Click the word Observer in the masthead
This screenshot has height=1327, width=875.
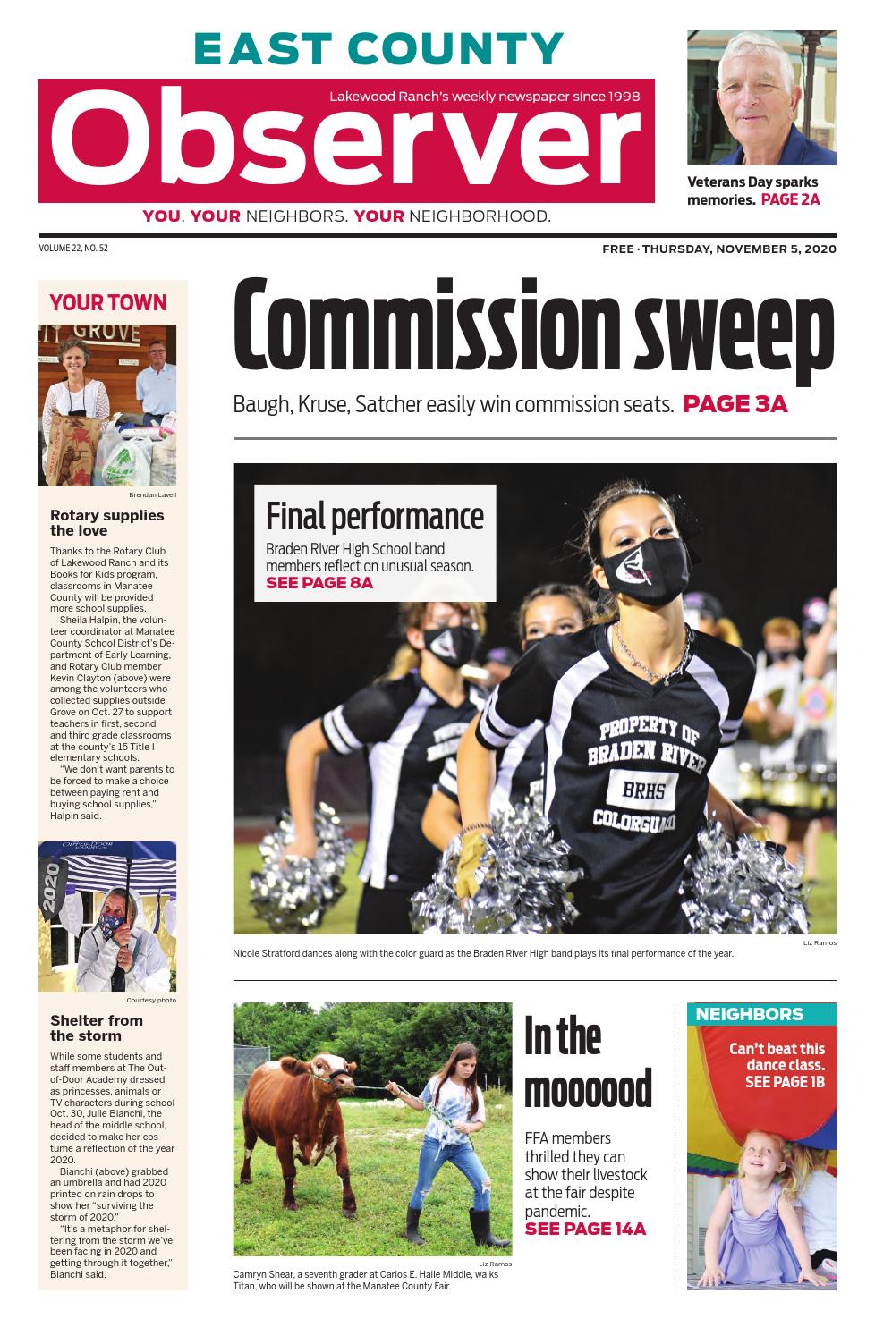coord(344,142)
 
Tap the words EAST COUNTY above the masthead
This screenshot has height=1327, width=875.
coord(378,49)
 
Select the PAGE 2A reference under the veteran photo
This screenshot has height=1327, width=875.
coord(790,199)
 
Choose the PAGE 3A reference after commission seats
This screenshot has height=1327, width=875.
coord(735,404)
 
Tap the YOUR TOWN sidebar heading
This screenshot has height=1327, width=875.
coord(108,302)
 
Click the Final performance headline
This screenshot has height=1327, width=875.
coord(375,517)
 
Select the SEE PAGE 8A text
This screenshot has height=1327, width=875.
coord(319,583)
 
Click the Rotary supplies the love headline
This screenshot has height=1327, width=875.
coord(106,522)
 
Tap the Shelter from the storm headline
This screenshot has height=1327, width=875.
coord(96,1027)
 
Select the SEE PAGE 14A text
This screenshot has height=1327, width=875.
coord(585,1229)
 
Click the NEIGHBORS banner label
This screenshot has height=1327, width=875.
coord(750,1014)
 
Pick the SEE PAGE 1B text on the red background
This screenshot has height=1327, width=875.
coord(785,1082)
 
